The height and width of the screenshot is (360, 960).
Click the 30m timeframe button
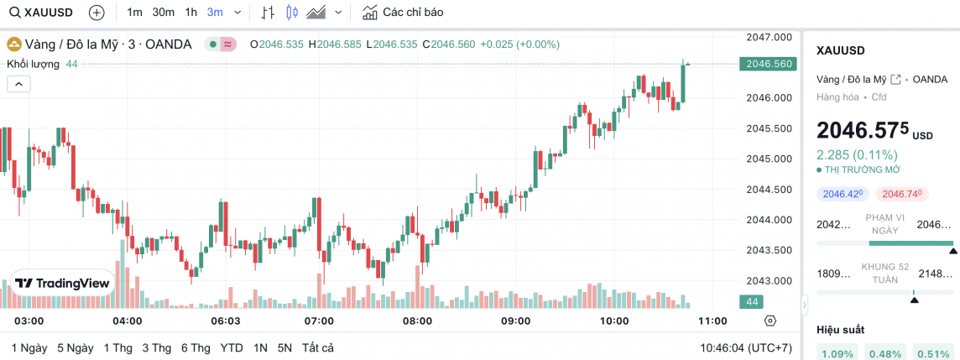click(163, 13)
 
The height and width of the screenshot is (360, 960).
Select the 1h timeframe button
click(191, 13)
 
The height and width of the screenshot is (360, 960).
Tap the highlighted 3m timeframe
click(215, 13)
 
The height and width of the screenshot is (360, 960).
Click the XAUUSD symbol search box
click(41, 13)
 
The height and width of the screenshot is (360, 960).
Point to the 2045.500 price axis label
click(769, 128)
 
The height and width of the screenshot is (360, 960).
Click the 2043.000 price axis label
click(769, 280)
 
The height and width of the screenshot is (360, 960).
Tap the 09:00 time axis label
click(515, 321)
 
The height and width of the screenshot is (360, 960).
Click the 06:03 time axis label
click(225, 321)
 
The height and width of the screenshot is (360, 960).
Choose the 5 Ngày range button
click(75, 347)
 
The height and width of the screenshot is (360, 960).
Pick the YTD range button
click(232, 347)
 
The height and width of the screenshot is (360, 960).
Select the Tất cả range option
click(318, 347)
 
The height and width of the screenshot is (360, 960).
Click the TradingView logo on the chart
click(63, 284)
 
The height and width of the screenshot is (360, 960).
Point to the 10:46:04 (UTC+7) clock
click(746, 347)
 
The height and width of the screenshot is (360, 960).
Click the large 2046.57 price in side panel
click(863, 131)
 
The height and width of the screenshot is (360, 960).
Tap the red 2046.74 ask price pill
click(902, 194)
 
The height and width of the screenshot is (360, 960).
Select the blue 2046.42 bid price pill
click(843, 194)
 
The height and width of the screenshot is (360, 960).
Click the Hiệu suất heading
click(840, 330)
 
